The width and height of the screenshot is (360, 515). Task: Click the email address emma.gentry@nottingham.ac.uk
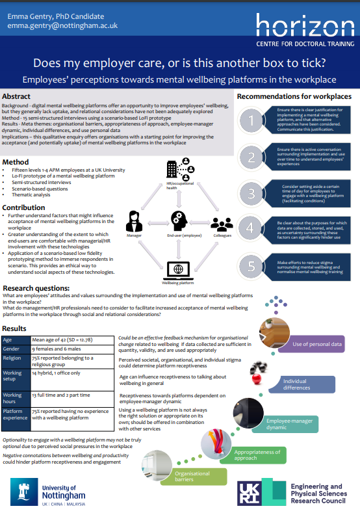pos(62,25)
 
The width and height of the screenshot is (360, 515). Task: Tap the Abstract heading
pos(16,96)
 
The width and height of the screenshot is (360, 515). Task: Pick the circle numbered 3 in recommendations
pos(251,193)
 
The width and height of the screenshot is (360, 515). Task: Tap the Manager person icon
pos(134,220)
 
